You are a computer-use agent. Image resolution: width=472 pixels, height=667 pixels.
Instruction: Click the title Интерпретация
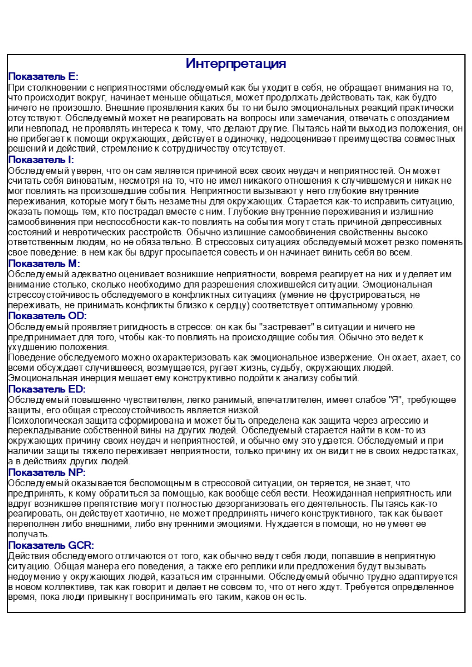point(236,63)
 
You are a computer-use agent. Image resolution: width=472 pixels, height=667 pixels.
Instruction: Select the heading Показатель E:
point(43,76)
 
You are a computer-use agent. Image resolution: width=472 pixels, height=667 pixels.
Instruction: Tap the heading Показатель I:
point(41,160)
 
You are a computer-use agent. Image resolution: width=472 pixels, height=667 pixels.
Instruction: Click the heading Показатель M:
point(44,264)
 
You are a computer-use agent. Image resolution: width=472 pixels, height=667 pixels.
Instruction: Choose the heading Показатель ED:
point(47,389)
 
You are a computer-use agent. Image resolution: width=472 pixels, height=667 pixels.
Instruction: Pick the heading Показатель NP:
point(47,472)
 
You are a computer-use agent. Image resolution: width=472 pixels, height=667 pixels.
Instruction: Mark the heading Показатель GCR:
point(51,545)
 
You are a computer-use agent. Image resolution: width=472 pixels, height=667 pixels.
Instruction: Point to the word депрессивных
point(412,222)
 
